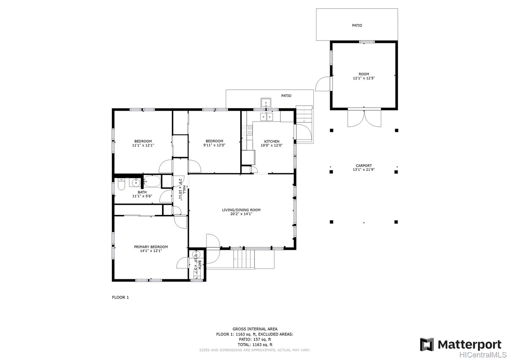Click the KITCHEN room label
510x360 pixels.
pos(272,141)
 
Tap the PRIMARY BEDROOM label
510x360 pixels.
pos(151,247)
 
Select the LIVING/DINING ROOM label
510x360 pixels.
pos(241,210)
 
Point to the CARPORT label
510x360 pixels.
pos(364,166)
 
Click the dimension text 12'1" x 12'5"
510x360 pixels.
pos(364,78)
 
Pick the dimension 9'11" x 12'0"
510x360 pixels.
pos(214,145)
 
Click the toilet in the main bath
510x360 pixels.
pos(121,184)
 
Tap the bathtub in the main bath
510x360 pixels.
pos(152,181)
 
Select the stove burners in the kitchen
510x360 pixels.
pos(247,130)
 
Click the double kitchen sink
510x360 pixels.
pos(266,117)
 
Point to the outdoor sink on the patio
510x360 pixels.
pos(266,103)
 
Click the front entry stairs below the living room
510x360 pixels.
pos(244,259)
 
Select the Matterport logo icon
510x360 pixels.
pos(427,344)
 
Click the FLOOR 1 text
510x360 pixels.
pos(120,297)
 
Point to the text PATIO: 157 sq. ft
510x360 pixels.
pos(255,339)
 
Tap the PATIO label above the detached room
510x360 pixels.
pos(357,25)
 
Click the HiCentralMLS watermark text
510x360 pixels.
pos(483,355)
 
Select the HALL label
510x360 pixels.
pos(184,189)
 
